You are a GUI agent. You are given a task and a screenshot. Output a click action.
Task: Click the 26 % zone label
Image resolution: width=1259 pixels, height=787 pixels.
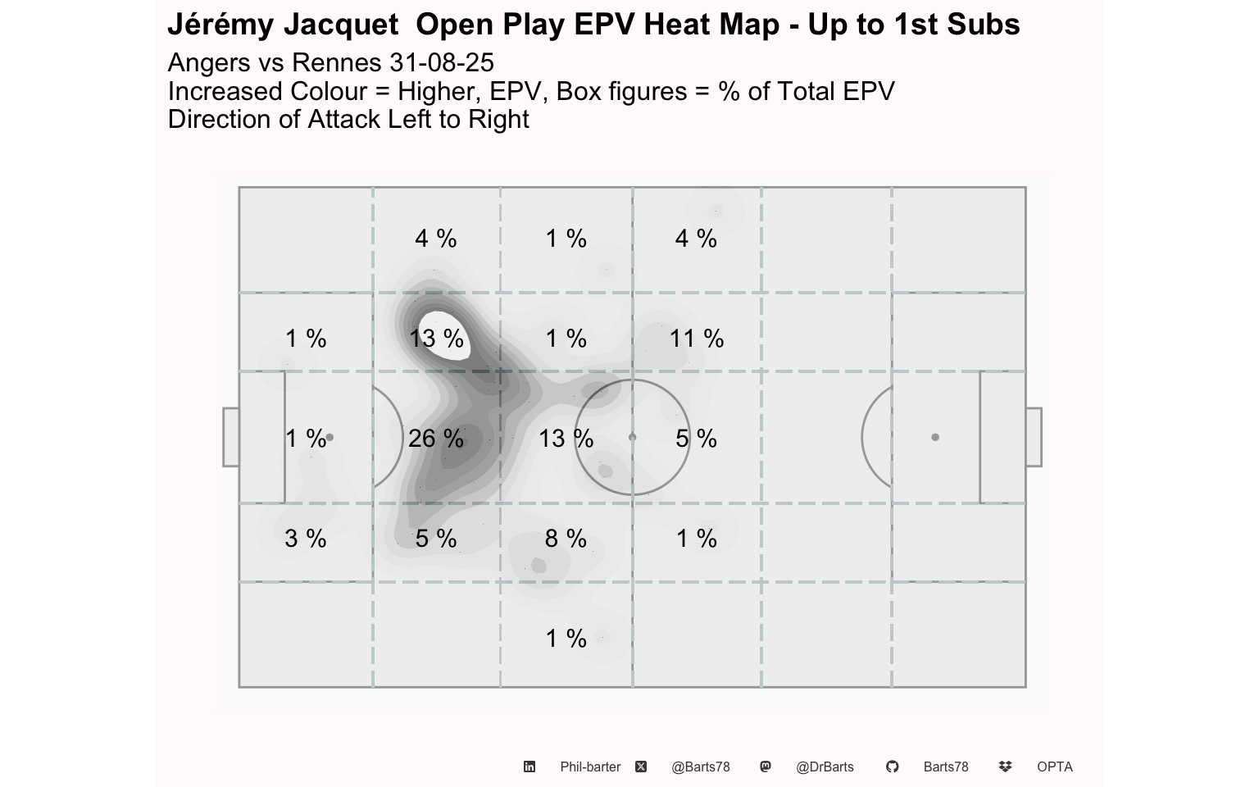point(435,439)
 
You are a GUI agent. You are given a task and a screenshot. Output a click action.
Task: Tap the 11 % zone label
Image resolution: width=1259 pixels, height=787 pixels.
point(697,339)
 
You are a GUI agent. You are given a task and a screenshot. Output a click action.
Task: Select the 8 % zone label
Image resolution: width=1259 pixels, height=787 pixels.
point(566,539)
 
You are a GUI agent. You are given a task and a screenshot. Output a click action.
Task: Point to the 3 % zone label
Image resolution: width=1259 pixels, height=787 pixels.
point(305,539)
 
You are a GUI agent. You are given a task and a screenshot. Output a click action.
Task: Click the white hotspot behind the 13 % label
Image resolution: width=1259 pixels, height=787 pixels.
point(445,336)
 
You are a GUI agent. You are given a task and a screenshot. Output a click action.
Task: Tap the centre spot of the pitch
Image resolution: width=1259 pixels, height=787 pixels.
point(632,437)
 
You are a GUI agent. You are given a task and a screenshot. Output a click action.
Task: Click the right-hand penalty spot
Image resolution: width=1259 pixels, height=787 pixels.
point(934,437)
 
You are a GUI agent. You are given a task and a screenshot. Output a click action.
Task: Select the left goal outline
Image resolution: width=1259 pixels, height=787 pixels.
point(224,437)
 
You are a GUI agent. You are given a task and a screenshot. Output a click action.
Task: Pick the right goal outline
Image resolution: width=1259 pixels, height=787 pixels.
point(1042,437)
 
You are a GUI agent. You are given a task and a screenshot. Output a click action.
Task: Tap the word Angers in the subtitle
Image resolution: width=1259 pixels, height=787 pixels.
point(209,63)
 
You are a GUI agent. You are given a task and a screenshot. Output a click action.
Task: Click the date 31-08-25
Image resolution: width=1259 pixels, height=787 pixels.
point(442,62)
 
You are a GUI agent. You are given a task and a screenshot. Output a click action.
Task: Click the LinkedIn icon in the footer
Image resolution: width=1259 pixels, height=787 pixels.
point(530,767)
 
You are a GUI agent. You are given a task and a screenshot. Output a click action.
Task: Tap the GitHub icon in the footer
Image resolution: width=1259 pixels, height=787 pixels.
point(892,767)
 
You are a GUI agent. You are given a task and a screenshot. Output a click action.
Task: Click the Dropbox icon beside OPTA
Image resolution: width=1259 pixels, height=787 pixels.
point(1006,767)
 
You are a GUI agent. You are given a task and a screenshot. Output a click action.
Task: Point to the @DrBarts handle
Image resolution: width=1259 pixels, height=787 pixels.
point(825,767)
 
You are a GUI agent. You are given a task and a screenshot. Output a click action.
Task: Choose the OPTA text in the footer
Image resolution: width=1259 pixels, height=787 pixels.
point(1055,767)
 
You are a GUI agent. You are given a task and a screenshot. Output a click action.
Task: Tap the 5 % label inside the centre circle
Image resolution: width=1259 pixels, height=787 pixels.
point(697,439)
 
